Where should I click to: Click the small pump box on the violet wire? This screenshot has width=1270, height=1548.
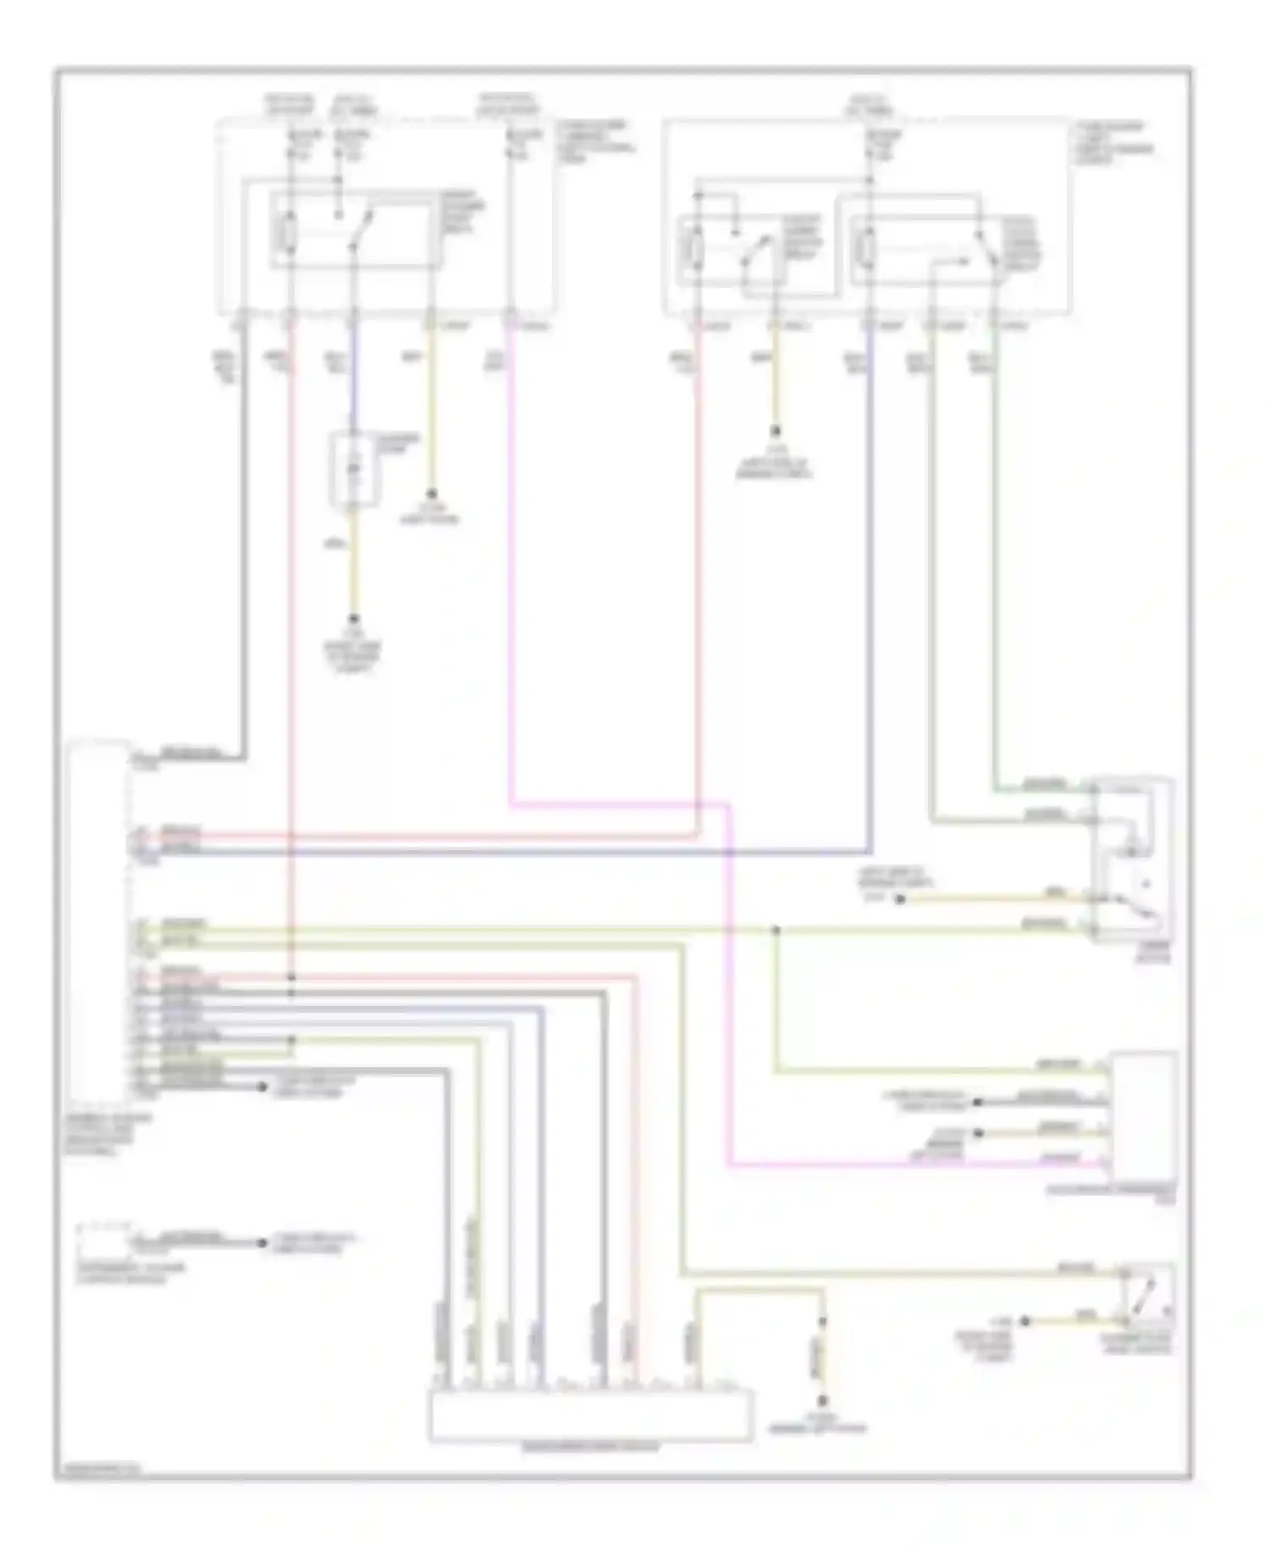coord(355,470)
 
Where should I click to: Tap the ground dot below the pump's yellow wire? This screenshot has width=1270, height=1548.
coord(355,619)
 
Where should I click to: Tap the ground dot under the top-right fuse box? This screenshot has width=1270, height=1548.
coord(774,430)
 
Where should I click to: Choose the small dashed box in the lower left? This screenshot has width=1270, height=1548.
coord(102,1241)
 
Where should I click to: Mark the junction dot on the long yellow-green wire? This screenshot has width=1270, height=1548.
coord(776,931)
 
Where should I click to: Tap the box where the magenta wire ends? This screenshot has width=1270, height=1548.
coord(1144,1115)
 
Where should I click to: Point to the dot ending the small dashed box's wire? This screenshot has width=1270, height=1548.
coord(261,1243)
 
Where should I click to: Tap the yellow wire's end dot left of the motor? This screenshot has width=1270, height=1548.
coord(900,899)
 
